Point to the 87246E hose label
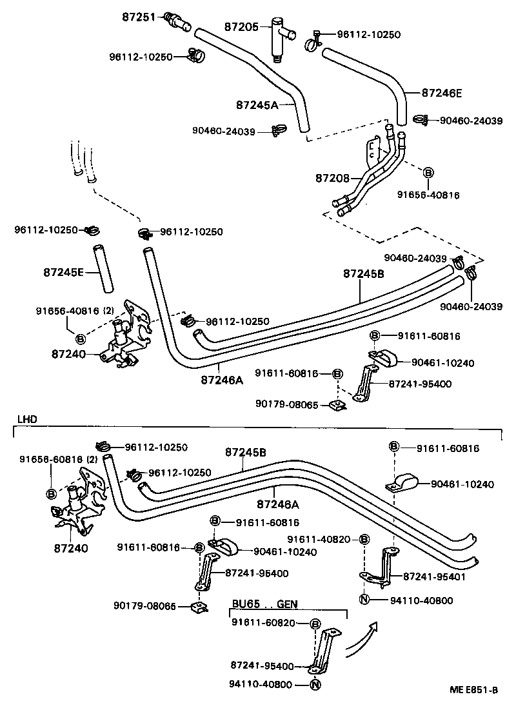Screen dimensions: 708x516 coord(442,92)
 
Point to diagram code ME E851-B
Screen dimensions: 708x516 coord(473,690)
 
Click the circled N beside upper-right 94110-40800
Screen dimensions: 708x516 coord(363,600)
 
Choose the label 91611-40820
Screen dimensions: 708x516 coord(319,538)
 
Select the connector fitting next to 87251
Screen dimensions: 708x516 coord(177,20)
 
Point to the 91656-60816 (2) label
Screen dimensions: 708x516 coord(58,459)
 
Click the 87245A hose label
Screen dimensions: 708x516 coord(257,104)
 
